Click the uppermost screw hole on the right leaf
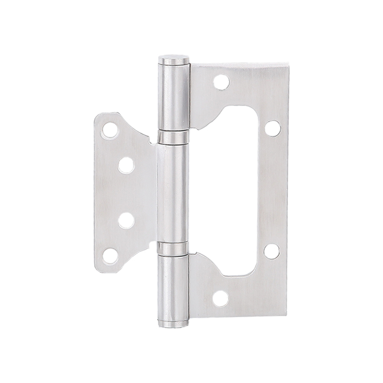pyautogui.click(x=220, y=82)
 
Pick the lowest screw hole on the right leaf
pyautogui.click(x=220, y=299)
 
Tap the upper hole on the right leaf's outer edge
pyautogui.click(x=273, y=128)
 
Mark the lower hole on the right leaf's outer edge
pyautogui.click(x=273, y=251)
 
